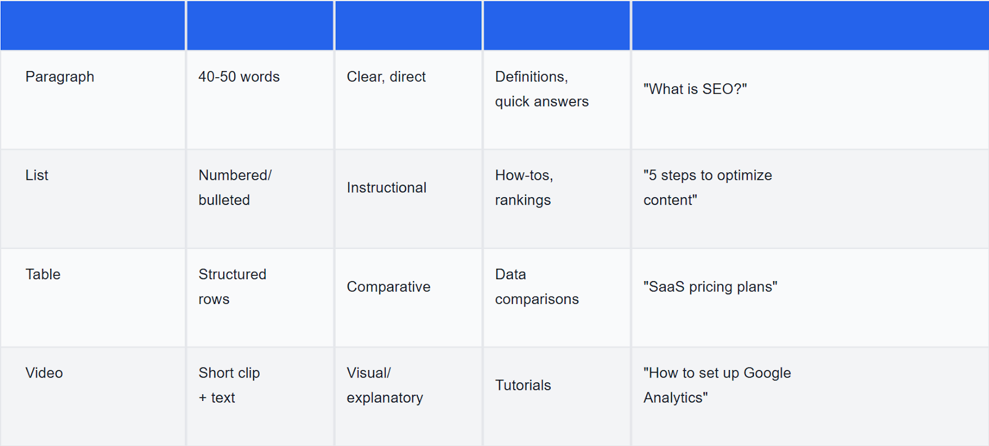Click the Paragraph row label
[59, 77]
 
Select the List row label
[36, 175]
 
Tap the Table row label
[43, 274]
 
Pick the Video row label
[44, 373]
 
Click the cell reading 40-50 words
[239, 77]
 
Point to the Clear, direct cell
[386, 77]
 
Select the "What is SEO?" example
[695, 89]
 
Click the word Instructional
[386, 188]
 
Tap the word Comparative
[389, 287]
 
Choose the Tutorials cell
[523, 385]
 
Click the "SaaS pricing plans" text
[710, 287]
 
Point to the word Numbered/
[235, 175]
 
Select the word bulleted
[224, 200]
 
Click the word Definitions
[531, 77]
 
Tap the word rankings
[523, 201]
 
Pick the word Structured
[232, 274]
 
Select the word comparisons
[537, 300]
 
